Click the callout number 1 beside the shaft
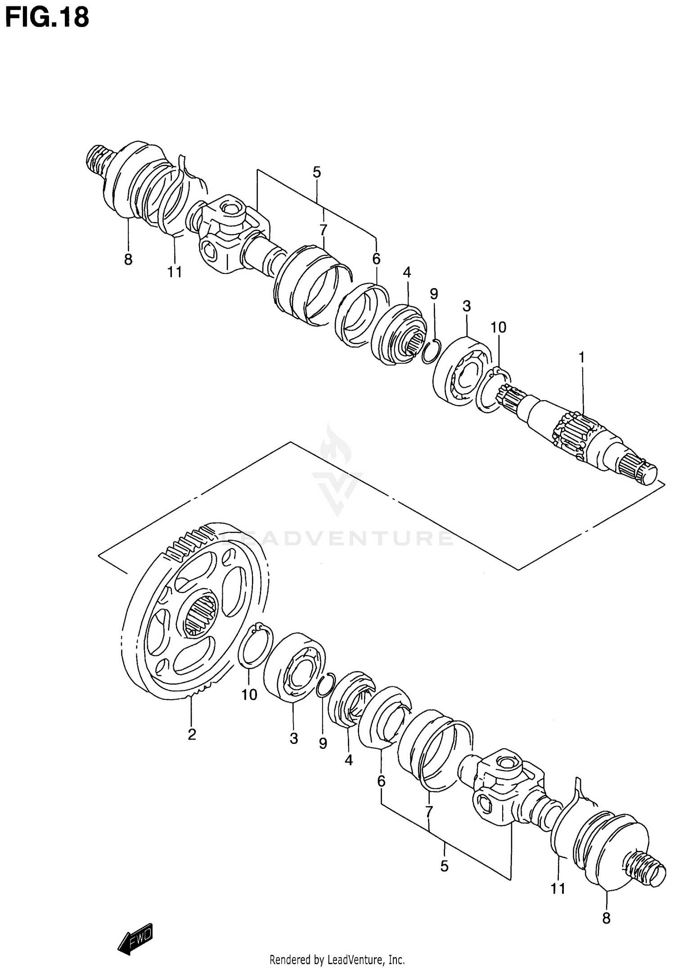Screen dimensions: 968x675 click(581, 358)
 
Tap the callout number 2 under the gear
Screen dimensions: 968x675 click(192, 734)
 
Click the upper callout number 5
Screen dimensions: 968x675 click(317, 172)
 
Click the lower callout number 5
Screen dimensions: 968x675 click(444, 866)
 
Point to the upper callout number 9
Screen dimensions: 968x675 click(433, 294)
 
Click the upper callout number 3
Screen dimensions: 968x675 click(466, 306)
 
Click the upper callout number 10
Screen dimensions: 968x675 click(498, 328)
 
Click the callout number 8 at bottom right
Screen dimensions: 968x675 click(606, 918)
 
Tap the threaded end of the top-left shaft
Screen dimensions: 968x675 click(98, 160)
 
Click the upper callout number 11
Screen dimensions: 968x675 click(175, 272)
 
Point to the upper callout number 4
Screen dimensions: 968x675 click(407, 272)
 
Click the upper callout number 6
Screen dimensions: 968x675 click(376, 259)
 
